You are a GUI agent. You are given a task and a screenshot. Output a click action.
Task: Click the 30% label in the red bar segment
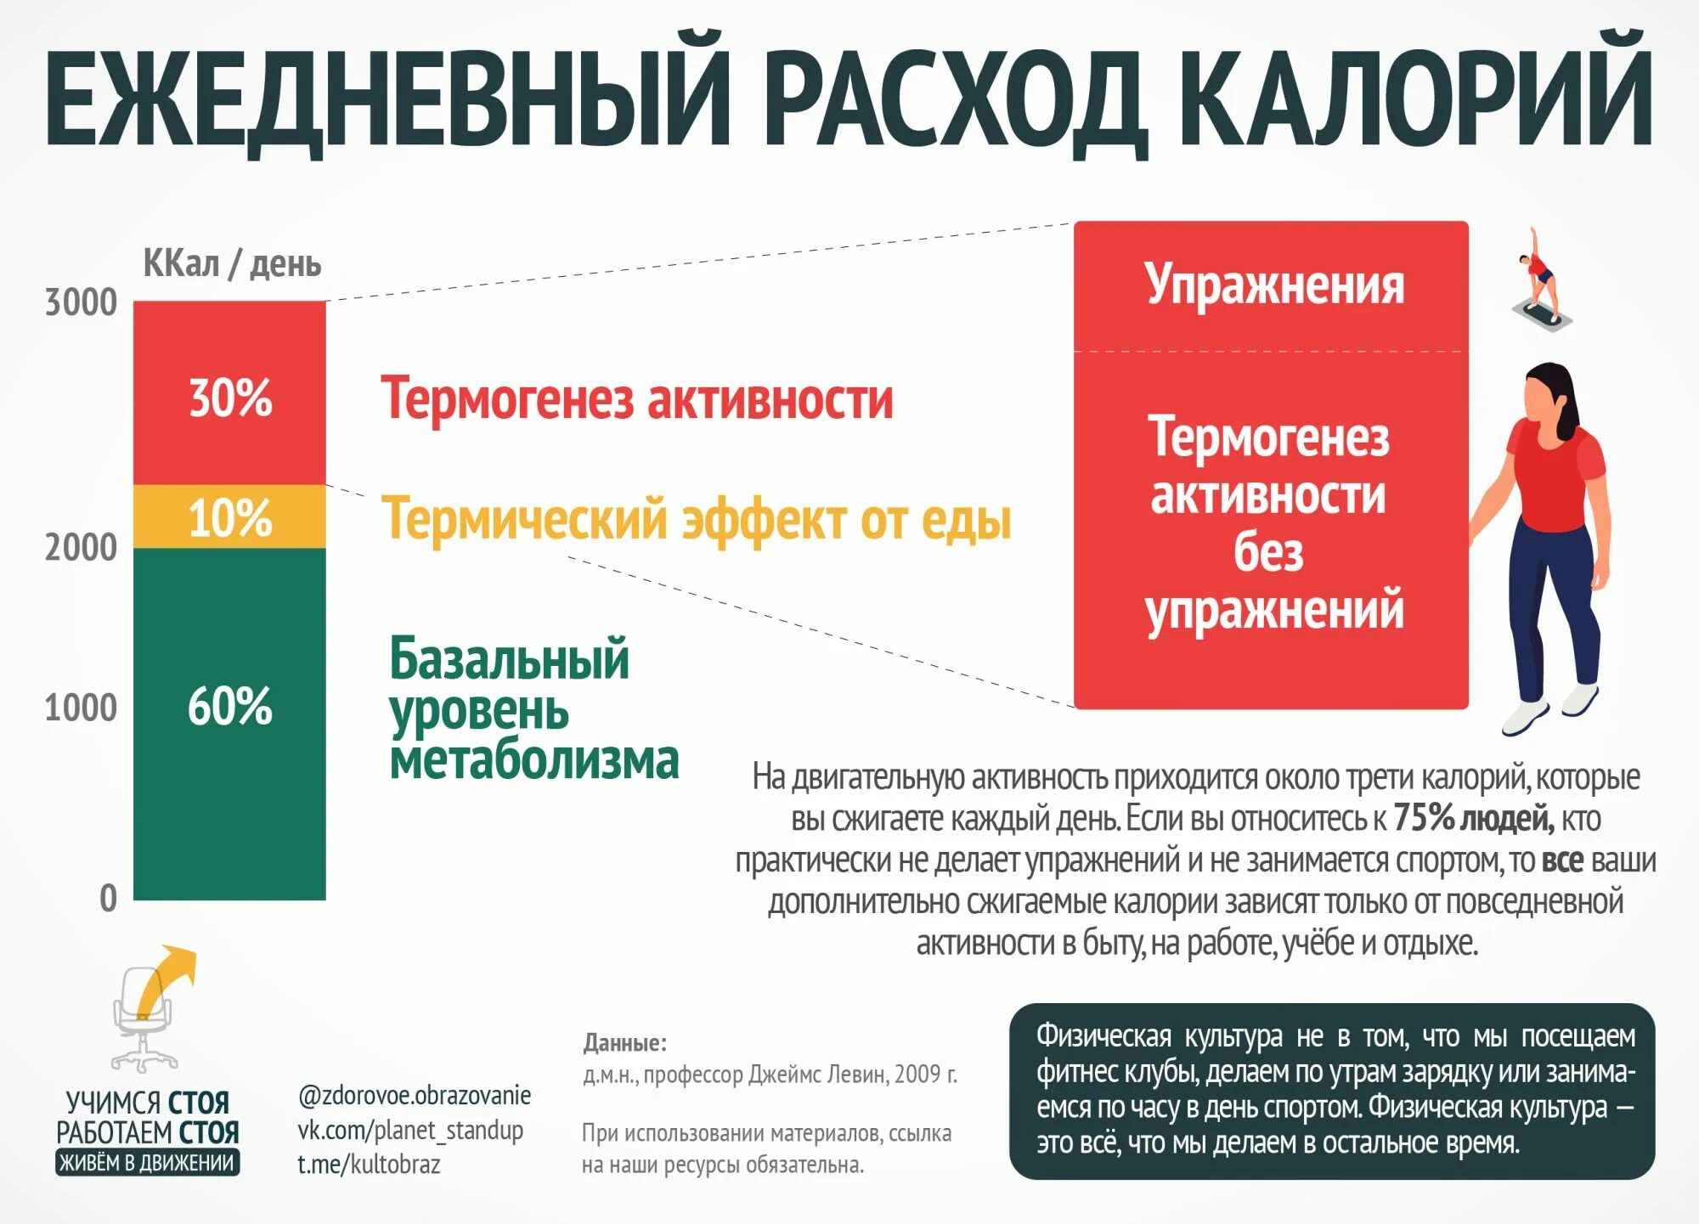(230, 398)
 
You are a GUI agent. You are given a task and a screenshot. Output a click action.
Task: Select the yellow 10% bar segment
(229, 516)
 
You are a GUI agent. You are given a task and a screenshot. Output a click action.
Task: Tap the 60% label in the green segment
(229, 706)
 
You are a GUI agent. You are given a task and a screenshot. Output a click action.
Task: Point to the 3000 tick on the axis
(81, 302)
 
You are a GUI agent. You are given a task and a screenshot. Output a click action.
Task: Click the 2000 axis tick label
(81, 547)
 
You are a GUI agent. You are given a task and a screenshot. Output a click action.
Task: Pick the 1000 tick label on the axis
(81, 707)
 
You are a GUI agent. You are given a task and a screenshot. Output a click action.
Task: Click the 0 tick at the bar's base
(108, 898)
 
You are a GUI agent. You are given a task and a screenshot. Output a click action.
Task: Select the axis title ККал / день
(232, 264)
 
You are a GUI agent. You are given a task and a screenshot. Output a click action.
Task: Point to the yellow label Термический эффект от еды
(696, 519)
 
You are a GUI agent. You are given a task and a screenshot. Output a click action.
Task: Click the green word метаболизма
(534, 759)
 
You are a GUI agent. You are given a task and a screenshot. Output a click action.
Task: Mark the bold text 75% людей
(1474, 818)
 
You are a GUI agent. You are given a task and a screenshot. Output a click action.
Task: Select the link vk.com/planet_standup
(409, 1131)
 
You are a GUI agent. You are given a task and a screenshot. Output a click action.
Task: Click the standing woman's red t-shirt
(1554, 476)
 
